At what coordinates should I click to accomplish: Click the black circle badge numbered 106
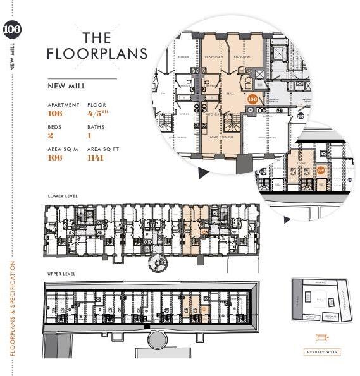12,30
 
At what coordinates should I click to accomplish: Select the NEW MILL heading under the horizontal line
66,86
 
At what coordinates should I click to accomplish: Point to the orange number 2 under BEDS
51,135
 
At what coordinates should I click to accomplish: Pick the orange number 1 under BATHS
89,135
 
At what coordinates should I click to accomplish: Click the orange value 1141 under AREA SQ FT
96,157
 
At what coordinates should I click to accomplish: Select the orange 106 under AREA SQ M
55,157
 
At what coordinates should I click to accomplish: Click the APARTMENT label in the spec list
63,105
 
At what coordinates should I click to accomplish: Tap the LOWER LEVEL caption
63,196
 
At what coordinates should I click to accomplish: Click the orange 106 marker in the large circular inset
252,99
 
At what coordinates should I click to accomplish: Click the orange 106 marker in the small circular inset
320,169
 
